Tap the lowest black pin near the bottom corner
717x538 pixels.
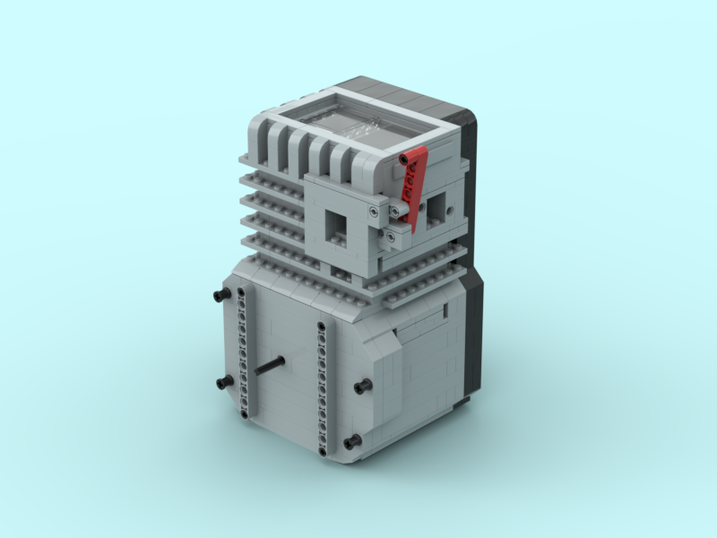tap(351, 441)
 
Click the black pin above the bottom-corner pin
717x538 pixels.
tap(362, 386)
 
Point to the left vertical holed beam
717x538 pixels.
tap(242, 350)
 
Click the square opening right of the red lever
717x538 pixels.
tap(436, 209)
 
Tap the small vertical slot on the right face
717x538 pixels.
tap(445, 310)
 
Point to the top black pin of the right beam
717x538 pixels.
tap(321, 324)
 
